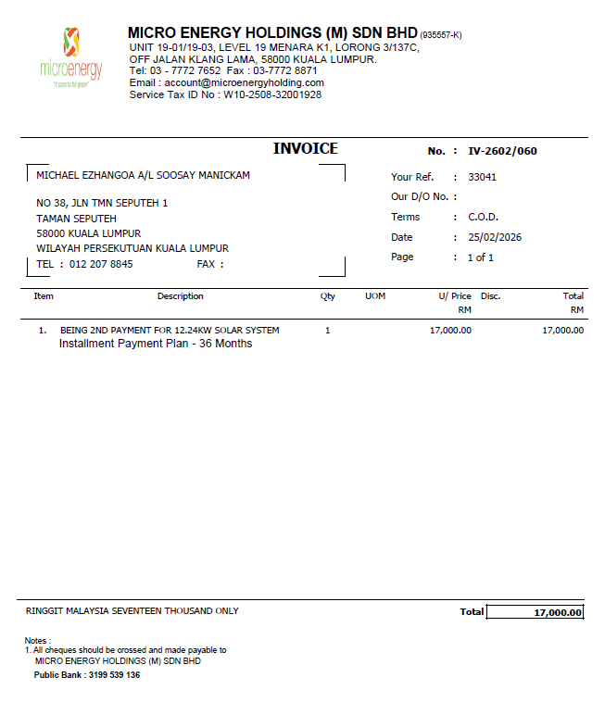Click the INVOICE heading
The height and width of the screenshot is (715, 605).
point(306,149)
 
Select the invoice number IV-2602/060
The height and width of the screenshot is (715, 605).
point(502,151)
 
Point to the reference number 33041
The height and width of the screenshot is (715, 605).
point(482,177)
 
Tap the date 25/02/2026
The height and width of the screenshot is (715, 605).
point(495,237)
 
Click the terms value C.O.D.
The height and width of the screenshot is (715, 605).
point(483,217)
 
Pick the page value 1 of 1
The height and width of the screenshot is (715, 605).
point(480,257)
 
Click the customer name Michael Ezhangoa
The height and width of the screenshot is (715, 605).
point(143,175)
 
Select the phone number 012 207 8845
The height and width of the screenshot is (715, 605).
point(101,264)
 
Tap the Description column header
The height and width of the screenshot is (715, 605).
point(180,296)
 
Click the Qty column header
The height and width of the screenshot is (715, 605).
point(327,296)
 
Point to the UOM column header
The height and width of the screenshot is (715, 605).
point(375,296)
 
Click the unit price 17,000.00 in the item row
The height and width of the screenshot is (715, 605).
point(450,330)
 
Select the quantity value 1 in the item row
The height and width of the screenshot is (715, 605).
point(327,330)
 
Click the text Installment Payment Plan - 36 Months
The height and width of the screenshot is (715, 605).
point(156,344)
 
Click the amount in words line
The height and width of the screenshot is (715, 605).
point(132,611)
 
